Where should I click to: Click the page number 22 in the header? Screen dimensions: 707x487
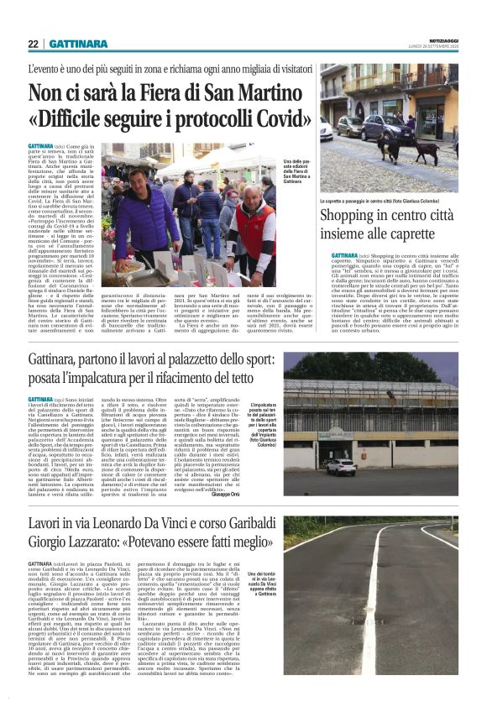pyautogui.click(x=33, y=44)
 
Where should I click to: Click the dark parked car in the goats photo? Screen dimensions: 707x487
pyautogui.click(x=349, y=126)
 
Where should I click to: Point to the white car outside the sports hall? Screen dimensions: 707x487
pyautogui.click(x=340, y=467)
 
